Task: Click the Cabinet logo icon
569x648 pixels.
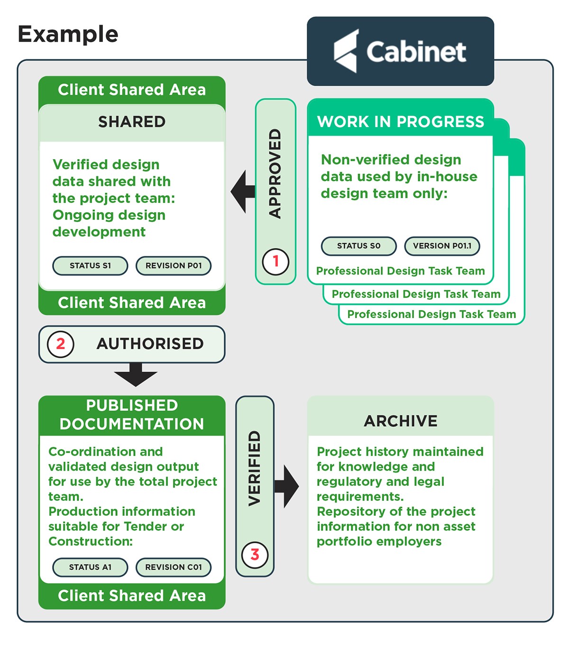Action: (x=346, y=51)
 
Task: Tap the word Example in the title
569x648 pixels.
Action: (x=68, y=35)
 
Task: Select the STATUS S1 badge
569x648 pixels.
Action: (x=90, y=265)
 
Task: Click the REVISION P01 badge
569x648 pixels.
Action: (x=174, y=265)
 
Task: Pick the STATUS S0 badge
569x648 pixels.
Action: (x=358, y=246)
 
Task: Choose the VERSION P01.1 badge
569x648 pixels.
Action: (x=442, y=246)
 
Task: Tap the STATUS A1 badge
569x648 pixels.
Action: (x=90, y=567)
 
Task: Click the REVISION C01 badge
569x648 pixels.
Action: (x=174, y=567)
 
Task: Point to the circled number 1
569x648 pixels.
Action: (x=275, y=261)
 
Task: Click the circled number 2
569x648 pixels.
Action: (x=61, y=344)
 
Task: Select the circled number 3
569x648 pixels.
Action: (x=255, y=554)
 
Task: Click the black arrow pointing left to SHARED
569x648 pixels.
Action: (x=242, y=192)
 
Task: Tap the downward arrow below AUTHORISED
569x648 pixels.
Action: (x=136, y=374)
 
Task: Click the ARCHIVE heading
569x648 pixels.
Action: (x=401, y=420)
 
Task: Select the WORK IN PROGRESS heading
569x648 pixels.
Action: (x=401, y=122)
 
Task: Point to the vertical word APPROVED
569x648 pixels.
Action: (x=275, y=173)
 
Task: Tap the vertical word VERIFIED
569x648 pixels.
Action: (x=255, y=468)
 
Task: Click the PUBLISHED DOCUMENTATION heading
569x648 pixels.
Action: (x=132, y=415)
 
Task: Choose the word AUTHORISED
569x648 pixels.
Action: (x=150, y=344)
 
